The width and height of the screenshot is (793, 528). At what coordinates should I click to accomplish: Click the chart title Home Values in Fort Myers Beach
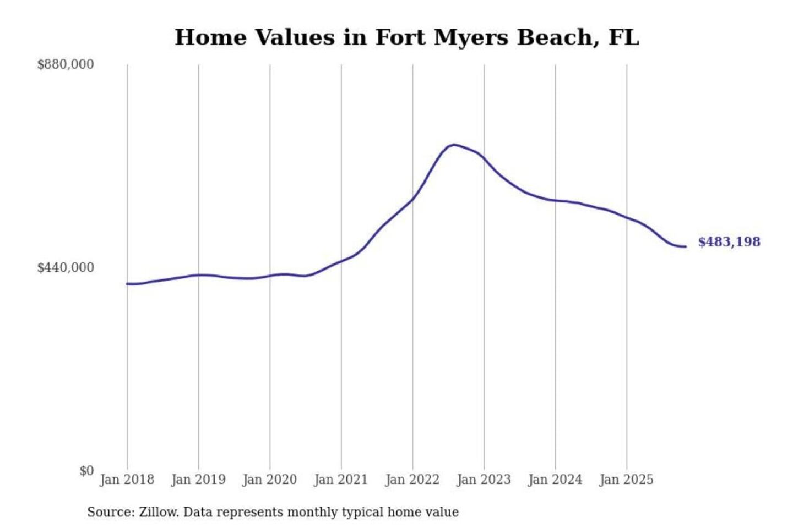[x=406, y=37]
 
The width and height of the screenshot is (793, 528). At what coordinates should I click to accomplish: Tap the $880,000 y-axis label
[x=66, y=64]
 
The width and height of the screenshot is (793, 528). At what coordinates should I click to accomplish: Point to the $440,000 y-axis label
[x=66, y=268]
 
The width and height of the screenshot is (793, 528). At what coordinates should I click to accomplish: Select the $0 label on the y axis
[x=86, y=471]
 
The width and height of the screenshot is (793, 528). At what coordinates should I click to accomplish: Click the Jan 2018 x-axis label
[x=127, y=480]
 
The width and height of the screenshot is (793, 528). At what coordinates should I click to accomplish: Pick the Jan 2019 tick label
[x=198, y=480]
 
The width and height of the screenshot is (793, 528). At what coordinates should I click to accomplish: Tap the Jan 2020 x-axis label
[x=269, y=480]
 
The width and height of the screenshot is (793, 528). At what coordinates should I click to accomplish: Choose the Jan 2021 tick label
[x=341, y=480]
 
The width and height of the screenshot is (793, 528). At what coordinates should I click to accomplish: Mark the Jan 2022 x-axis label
[x=412, y=480]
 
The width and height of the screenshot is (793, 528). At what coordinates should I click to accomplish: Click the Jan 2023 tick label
[x=484, y=480]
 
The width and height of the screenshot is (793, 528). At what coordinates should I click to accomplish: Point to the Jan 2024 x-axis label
[x=555, y=480]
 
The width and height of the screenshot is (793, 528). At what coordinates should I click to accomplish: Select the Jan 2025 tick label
[x=626, y=480]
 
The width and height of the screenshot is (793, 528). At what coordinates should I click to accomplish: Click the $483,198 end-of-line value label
[x=729, y=242]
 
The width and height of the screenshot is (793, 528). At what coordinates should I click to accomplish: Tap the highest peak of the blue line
[x=453, y=145]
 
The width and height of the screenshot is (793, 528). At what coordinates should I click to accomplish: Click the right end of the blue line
[x=686, y=246]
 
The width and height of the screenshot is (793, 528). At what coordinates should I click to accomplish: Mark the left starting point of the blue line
[x=127, y=284]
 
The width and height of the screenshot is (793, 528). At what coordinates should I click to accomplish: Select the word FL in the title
[x=623, y=37]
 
